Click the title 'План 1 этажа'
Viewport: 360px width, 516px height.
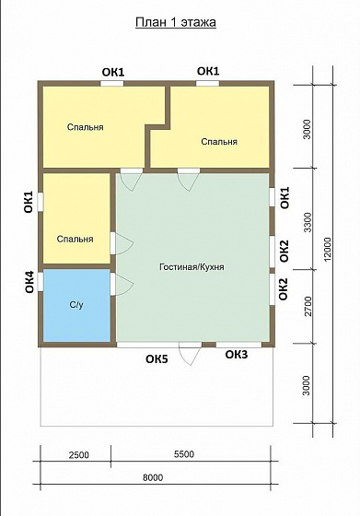[x=176, y=22]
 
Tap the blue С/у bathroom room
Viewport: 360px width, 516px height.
[x=76, y=305]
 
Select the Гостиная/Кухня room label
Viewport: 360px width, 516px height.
[x=192, y=266]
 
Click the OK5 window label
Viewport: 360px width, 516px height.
[x=157, y=359]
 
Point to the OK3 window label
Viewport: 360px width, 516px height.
[x=237, y=355]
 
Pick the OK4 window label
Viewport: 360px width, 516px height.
[x=29, y=282]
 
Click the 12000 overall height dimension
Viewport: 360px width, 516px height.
[x=328, y=250]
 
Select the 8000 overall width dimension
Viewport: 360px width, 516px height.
[x=153, y=477]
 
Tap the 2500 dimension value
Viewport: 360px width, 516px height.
[x=79, y=455]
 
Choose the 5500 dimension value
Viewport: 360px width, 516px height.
[x=184, y=454]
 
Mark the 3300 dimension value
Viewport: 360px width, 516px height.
[x=308, y=222]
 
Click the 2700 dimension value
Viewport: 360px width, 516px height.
[x=308, y=306]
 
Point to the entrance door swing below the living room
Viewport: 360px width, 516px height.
[x=190, y=354]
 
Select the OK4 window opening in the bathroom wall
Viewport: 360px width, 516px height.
[x=41, y=282]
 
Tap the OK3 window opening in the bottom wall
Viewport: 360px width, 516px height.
[x=238, y=345]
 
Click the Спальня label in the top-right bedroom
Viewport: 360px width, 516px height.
[x=219, y=142]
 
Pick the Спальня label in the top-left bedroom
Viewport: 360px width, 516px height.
[x=85, y=127]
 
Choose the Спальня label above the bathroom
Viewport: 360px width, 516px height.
[x=75, y=239]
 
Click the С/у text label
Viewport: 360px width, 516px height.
[x=76, y=305]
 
